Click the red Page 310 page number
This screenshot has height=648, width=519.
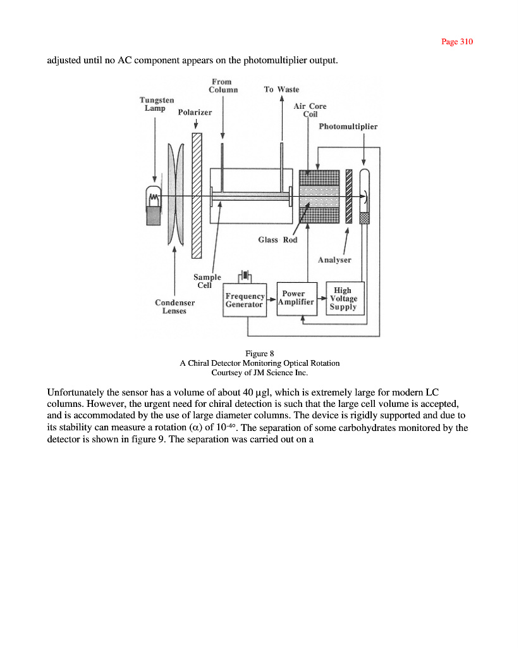[457, 42]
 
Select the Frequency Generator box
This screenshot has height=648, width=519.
[245, 300]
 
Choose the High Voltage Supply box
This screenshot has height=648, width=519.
[344, 299]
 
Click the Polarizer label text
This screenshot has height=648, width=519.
[195, 112]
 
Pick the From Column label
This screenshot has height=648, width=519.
[222, 85]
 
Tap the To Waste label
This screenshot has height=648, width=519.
[281, 89]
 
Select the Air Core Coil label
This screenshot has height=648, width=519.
[310, 110]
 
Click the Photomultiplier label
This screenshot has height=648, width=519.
[348, 127]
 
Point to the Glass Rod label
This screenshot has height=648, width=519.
[278, 240]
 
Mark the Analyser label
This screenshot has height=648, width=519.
[334, 259]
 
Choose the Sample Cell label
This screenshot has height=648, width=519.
[207, 281]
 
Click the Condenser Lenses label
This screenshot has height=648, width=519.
[174, 306]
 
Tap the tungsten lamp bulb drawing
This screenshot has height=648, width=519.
[154, 205]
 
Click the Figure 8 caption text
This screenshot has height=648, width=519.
[259, 353]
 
